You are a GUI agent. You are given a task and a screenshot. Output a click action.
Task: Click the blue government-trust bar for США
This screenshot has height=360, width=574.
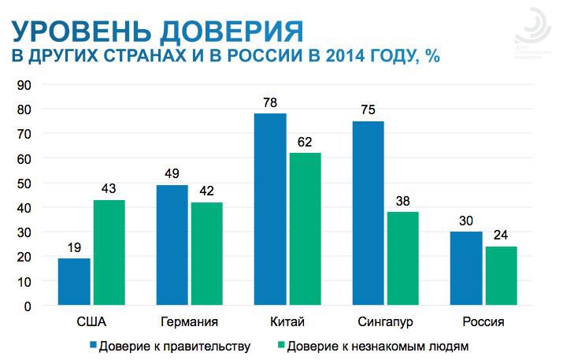coord(74,282)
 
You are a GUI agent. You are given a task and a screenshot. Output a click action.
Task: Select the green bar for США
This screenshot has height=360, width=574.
coord(109,253)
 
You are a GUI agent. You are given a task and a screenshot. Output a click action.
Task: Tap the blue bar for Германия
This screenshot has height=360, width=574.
coord(172,246)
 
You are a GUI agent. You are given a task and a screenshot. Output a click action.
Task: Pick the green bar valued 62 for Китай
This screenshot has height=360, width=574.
coord(305,229)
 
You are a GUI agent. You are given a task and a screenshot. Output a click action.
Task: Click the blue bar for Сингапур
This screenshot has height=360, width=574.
coord(368,213)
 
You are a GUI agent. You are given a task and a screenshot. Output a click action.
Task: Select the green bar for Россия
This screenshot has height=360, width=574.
coord(501,276)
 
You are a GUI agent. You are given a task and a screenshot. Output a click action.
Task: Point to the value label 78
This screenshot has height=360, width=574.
coord(270,103)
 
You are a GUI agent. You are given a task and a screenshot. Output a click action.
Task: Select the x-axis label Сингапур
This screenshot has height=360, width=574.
coord(385,322)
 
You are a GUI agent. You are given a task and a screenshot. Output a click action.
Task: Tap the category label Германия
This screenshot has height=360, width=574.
coord(188,322)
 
